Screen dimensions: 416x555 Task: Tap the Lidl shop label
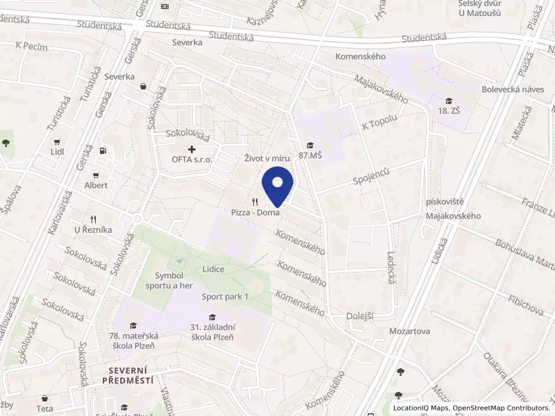[x=58, y=151]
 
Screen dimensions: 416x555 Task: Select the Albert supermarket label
[x=96, y=185]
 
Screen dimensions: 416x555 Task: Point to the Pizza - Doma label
[x=256, y=212]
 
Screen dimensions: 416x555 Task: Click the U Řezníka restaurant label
[x=93, y=229]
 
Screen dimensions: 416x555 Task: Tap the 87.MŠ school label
[x=310, y=155]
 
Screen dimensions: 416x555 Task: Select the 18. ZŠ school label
[x=449, y=110]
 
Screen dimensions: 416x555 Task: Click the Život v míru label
[x=266, y=159]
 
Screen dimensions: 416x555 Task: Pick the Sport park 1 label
[x=225, y=297]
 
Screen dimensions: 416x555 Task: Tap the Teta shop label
[x=45, y=409]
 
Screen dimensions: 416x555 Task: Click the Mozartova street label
[x=409, y=331]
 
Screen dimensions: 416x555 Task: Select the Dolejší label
[x=359, y=316]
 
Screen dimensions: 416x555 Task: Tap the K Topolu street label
[x=379, y=123]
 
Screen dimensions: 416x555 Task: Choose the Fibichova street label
[x=506, y=302]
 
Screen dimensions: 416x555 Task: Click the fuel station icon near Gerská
[x=103, y=150]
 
